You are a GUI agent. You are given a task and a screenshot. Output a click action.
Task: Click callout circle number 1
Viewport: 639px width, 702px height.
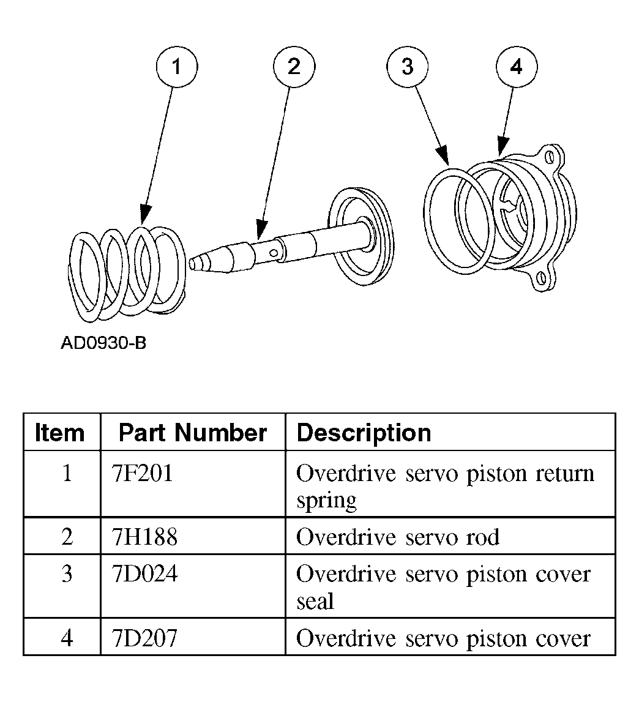pyautogui.click(x=177, y=67)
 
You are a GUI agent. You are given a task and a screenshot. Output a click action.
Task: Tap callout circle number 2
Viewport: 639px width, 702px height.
pyautogui.click(x=294, y=67)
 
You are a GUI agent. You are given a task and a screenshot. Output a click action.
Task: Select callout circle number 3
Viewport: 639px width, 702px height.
pyautogui.click(x=408, y=67)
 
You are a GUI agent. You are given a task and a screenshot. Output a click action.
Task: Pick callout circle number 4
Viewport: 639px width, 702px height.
pyautogui.click(x=516, y=67)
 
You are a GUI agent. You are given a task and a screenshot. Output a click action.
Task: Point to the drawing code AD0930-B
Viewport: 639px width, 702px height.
pyautogui.click(x=103, y=343)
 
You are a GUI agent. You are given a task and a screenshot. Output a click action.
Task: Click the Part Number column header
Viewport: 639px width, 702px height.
pyautogui.click(x=193, y=433)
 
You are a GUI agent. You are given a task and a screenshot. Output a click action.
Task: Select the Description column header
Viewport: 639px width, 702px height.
pyautogui.click(x=364, y=433)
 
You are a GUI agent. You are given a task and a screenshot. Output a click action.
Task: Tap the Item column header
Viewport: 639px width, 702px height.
pyautogui.click(x=60, y=433)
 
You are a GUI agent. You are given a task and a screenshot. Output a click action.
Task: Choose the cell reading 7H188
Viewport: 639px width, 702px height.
pyautogui.click(x=145, y=537)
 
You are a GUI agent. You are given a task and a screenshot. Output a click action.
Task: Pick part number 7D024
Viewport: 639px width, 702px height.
pyautogui.click(x=145, y=575)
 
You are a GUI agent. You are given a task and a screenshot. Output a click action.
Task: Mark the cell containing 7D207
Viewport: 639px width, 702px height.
pyautogui.click(x=145, y=638)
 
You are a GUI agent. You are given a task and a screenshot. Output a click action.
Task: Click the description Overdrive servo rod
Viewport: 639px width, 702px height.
pyautogui.click(x=398, y=537)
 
